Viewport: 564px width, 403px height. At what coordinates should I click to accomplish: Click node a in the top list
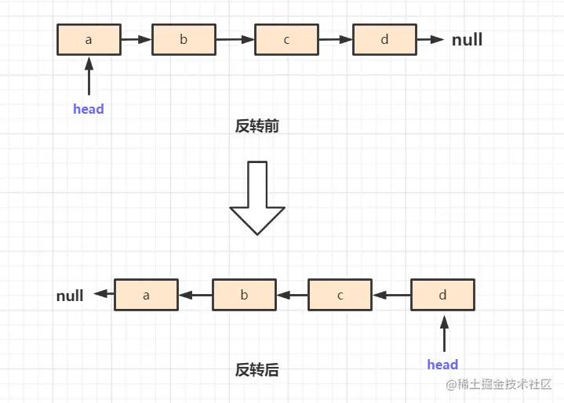(x=89, y=39)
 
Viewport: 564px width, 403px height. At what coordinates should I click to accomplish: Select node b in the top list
(x=184, y=39)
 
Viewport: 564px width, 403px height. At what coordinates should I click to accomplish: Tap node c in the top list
(x=286, y=39)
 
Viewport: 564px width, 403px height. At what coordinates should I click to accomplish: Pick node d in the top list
(x=384, y=39)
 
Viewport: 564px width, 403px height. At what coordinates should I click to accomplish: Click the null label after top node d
(x=467, y=39)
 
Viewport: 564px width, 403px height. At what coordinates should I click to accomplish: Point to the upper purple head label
(x=89, y=109)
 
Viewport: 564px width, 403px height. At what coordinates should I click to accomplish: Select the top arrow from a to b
(x=136, y=39)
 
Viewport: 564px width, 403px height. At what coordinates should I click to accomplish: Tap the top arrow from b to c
(x=235, y=39)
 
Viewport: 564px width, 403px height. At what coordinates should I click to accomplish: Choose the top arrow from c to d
(x=335, y=39)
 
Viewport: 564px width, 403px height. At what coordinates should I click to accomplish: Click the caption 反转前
(x=257, y=126)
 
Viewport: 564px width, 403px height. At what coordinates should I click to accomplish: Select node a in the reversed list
(x=146, y=295)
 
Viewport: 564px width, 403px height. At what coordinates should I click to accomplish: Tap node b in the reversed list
(x=244, y=295)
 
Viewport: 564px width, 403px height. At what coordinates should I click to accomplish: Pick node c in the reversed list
(x=340, y=295)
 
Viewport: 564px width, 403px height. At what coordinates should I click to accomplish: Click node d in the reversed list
(x=442, y=295)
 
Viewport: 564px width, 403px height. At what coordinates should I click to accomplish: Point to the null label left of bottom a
(x=70, y=296)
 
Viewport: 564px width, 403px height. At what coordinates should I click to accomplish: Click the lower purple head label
(x=442, y=364)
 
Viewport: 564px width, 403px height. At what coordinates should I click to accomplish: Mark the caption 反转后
(x=257, y=370)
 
